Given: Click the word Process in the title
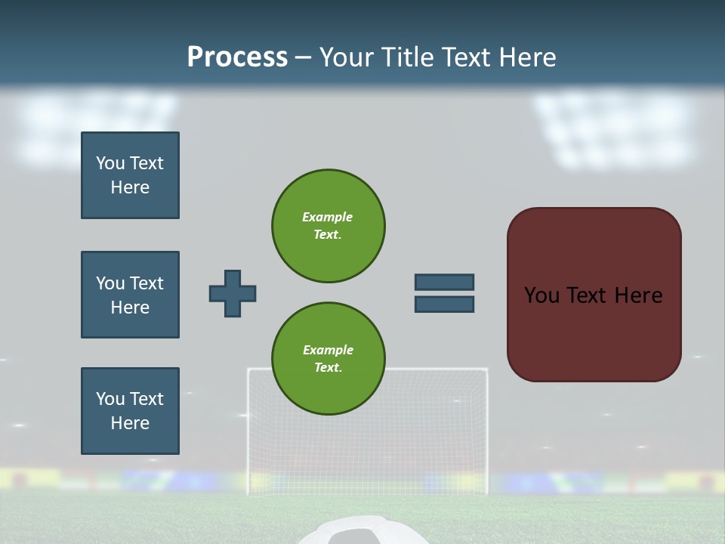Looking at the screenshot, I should click(237, 57).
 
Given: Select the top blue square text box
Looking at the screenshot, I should click(130, 175).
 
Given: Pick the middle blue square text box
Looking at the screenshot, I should click(130, 295).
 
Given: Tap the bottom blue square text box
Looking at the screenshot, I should click(130, 411).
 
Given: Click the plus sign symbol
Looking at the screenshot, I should click(233, 293).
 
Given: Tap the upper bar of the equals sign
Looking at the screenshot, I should click(444, 282).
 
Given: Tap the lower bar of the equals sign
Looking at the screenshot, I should click(444, 304).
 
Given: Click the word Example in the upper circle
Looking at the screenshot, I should click(327, 217).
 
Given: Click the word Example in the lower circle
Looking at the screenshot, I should click(328, 350).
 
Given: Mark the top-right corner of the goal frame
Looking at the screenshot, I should click(486, 369).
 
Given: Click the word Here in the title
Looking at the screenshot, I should click(528, 57).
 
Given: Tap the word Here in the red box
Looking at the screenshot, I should click(638, 295).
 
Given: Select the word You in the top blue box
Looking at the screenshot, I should click(110, 163).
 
